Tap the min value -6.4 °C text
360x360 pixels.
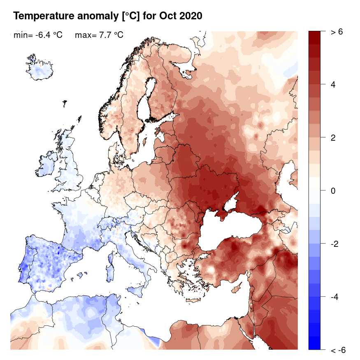38,35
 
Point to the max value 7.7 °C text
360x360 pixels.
99,35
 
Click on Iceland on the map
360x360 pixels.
40,70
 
